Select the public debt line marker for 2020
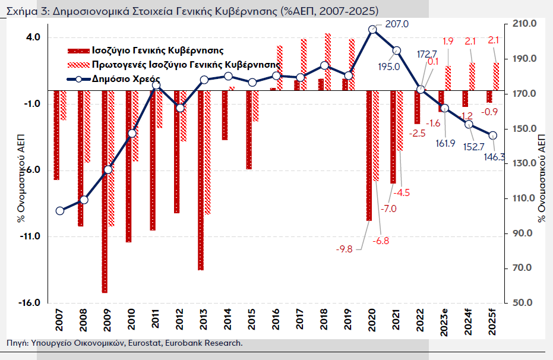point(372,29)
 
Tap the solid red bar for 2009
point(105,191)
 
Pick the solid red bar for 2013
point(201,180)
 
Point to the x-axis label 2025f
point(492,323)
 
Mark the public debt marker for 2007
point(59,211)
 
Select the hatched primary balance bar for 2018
point(328,62)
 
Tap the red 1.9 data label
point(448,41)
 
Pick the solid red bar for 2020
point(369,155)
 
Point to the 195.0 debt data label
point(389,67)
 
